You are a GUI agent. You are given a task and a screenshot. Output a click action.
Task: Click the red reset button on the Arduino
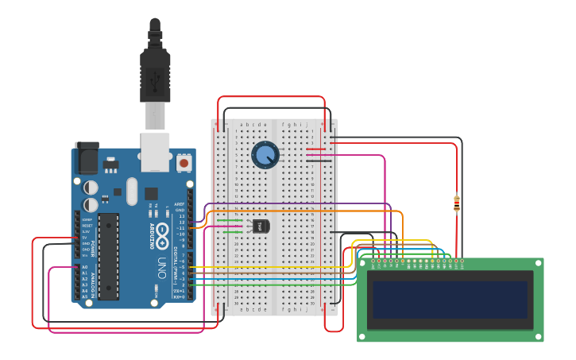(x=184, y=163)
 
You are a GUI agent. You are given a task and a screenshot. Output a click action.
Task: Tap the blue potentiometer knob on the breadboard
(x=265, y=154)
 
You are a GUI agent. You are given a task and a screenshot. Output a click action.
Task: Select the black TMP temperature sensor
(x=261, y=226)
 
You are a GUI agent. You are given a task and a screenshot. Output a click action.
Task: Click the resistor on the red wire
(x=456, y=205)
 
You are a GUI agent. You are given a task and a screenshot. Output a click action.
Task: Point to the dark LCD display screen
(x=450, y=300)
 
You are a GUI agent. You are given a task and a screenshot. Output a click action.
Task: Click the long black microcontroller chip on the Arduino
(x=108, y=256)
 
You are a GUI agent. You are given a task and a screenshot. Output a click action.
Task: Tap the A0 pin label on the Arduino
(x=85, y=267)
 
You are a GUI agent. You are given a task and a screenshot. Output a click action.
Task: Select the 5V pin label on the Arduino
(x=85, y=238)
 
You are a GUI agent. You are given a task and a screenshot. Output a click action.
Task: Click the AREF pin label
(x=180, y=204)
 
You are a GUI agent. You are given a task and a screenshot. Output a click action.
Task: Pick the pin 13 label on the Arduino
(x=180, y=216)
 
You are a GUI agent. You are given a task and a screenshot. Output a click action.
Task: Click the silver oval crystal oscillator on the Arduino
(x=132, y=191)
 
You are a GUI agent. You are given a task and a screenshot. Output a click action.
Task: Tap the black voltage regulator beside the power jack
(x=109, y=165)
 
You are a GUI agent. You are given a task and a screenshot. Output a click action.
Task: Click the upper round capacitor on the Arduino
(x=91, y=187)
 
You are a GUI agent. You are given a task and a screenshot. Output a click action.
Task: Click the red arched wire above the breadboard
(x=270, y=97)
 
